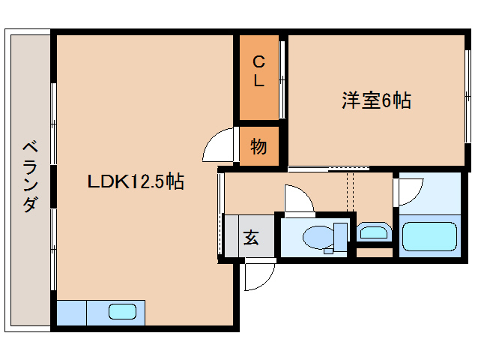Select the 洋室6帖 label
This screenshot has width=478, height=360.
(376, 100)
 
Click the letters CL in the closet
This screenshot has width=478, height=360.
(258, 71)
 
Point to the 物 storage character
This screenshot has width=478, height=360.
(258, 146)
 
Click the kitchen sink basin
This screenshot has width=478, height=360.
(122, 312)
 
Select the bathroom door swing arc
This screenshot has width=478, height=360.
(408, 191)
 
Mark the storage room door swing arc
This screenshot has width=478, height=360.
(221, 142)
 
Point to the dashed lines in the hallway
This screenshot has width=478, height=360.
(349, 193)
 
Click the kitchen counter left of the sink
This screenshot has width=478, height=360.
(71, 312)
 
